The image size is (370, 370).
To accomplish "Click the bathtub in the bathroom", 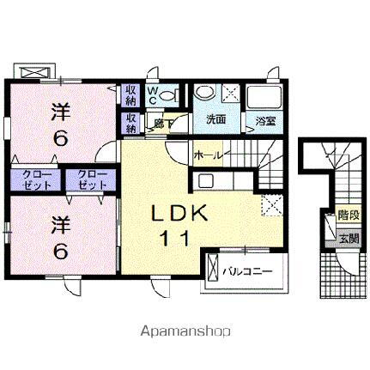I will tap(266, 96).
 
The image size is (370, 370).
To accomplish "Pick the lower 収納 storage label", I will tap(130, 123).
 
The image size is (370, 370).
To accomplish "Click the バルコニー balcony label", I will tap(248, 271).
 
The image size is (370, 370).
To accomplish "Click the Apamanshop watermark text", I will tap(185, 330).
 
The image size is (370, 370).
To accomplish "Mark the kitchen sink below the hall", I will tap(207, 180).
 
